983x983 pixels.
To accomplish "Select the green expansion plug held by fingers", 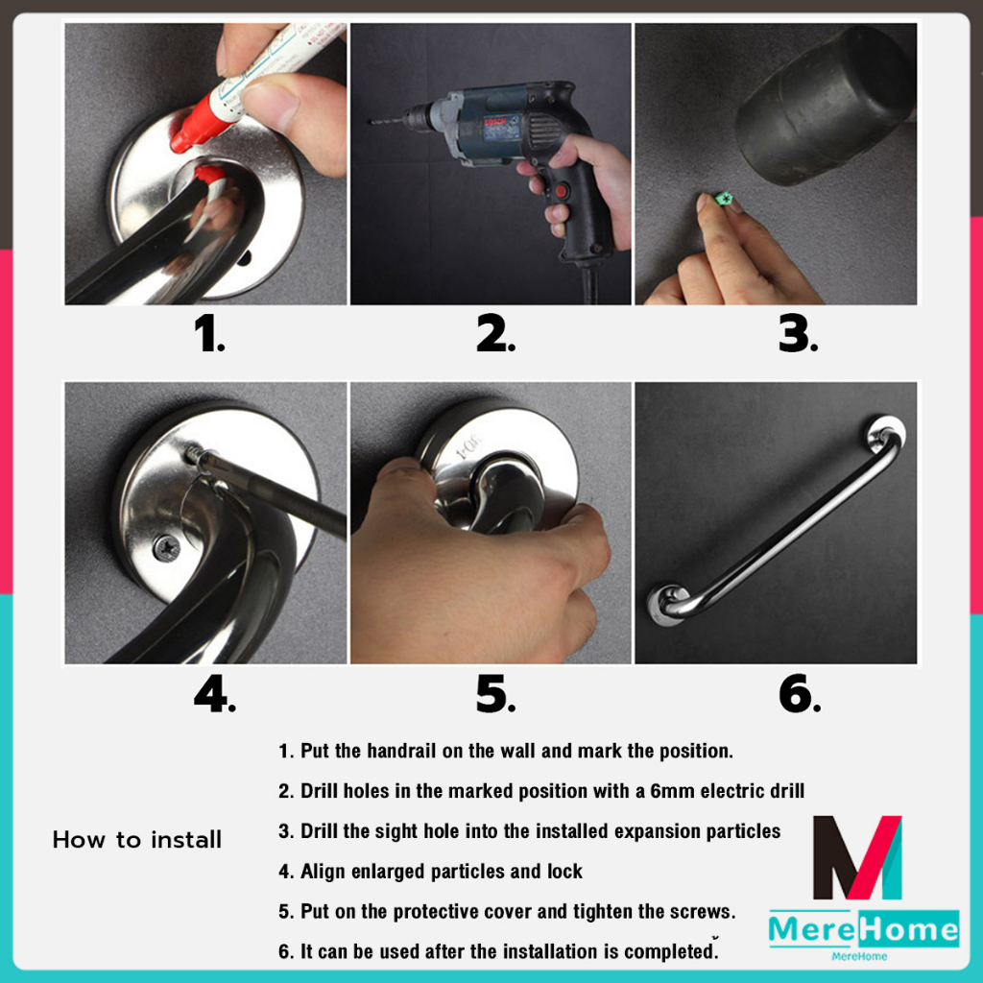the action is (724, 200).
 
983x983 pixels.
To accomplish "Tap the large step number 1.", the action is (209, 333).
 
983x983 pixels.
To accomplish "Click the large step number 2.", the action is (495, 333).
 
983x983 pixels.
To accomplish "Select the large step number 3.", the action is (798, 333).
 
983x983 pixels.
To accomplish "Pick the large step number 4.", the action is (215, 695).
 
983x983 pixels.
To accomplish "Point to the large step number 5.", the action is (495, 695).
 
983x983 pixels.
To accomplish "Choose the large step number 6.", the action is (800, 695).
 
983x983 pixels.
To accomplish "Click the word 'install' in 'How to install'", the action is (186, 839).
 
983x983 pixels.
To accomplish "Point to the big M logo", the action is (857, 857).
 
